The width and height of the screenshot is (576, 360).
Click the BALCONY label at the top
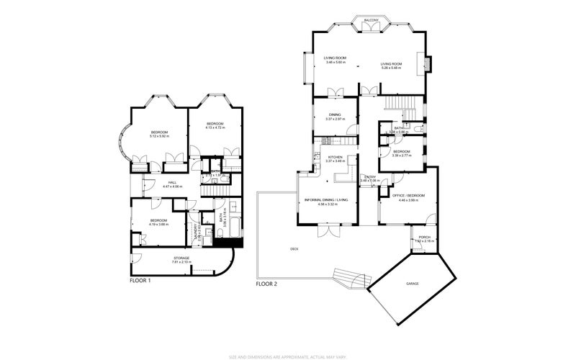[371, 20]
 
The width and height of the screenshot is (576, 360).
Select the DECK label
[294, 249]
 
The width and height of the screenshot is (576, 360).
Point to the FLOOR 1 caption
[140, 280]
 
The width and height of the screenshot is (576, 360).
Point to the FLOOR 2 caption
[266, 284]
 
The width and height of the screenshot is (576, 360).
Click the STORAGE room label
[181, 258]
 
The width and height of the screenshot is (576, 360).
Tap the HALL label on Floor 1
[172, 182]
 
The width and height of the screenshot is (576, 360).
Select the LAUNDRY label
[196, 231]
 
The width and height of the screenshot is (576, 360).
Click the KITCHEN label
[336, 157]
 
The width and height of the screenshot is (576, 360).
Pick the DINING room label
[335, 114]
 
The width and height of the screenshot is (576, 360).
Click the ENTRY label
[369, 176]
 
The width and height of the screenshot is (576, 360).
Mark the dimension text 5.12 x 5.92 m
[159, 135]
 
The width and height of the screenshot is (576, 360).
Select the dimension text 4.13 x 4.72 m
[215, 128]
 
